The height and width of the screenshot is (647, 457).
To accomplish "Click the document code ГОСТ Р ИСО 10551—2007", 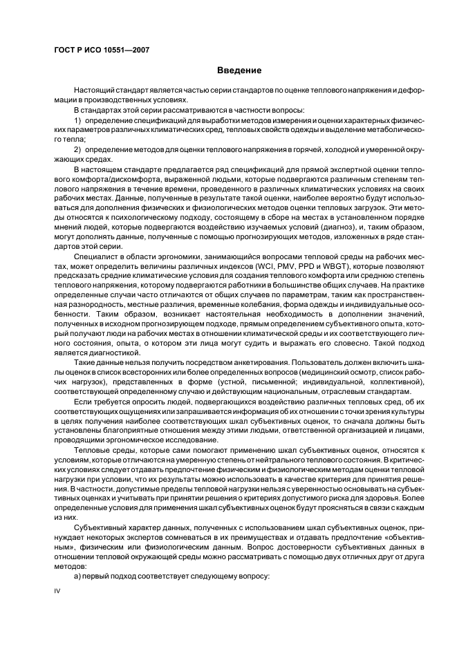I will point(102,50).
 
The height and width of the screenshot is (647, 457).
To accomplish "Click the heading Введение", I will point(239,71).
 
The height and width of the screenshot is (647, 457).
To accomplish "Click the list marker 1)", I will point(78,121).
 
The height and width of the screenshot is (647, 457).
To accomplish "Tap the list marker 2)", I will point(78,149).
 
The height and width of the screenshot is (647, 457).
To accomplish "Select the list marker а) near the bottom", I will point(77,576).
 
